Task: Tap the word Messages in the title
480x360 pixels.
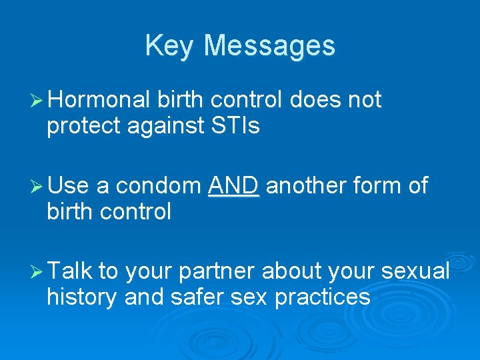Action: [269, 46]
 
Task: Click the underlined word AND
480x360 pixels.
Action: [233, 186]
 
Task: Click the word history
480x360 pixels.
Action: [83, 296]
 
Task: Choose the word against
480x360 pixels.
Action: [162, 125]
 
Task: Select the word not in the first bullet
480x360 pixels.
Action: [364, 100]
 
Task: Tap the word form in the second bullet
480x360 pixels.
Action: [383, 186]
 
